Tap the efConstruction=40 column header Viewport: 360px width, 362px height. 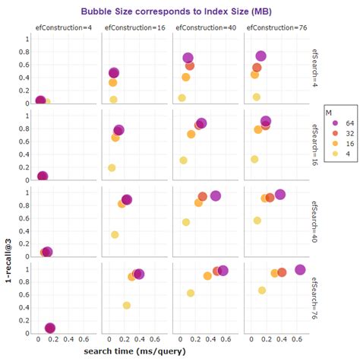tap(204, 27)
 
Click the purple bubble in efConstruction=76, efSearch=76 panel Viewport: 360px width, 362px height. tap(299, 270)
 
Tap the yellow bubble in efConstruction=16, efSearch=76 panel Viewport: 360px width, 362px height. tap(127, 305)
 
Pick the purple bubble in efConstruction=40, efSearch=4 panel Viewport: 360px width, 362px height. tap(188, 58)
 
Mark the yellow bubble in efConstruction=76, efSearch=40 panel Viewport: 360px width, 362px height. tap(257, 221)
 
